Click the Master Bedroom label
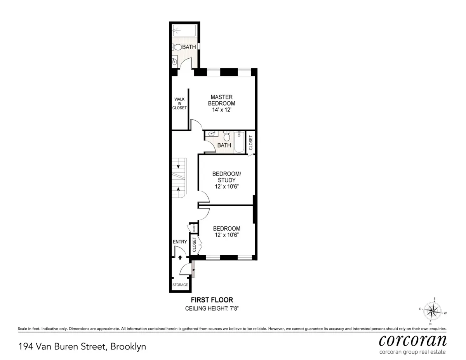click(221, 100)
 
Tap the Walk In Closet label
click(179, 103)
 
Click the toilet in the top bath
click(177, 47)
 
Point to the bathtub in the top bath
click(185, 30)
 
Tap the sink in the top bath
click(174, 61)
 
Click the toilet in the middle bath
click(228, 136)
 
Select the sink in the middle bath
click(212, 134)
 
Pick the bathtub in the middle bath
click(239, 142)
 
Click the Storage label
click(181, 285)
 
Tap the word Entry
click(180, 242)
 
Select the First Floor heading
click(212, 300)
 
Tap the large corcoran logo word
click(412, 340)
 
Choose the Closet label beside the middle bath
click(250, 142)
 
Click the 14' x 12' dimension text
click(221, 110)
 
